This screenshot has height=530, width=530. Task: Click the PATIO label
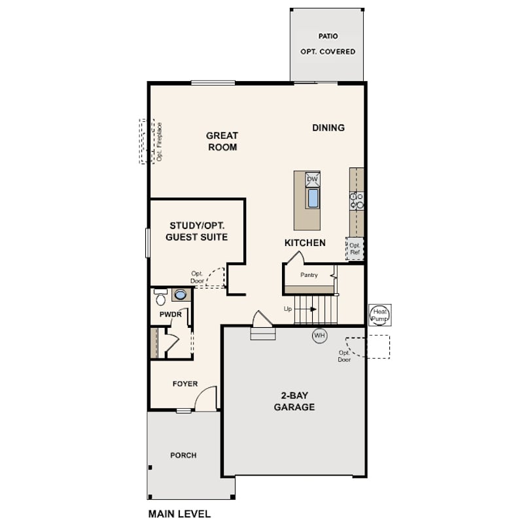328,36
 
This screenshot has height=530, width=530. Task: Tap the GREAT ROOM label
222,141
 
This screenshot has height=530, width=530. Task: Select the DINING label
328,128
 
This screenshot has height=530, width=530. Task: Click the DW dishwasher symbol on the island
313,179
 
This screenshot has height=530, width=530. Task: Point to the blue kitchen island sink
313,198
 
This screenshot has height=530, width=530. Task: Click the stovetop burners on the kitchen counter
357,201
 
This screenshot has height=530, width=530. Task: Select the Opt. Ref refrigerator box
355,249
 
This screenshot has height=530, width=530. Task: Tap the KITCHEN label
305,243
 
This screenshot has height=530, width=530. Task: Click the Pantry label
309,275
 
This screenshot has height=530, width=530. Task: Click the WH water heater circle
319,336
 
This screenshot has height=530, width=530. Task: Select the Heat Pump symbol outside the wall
380,315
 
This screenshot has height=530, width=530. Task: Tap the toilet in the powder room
160,297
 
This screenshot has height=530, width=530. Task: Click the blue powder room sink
181,294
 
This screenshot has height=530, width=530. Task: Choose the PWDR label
171,315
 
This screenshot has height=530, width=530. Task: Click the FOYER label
185,384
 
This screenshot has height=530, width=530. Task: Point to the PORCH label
184,455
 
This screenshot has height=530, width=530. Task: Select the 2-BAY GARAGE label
294,401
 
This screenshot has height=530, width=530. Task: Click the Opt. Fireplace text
160,141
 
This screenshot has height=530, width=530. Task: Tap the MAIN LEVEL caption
179,514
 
